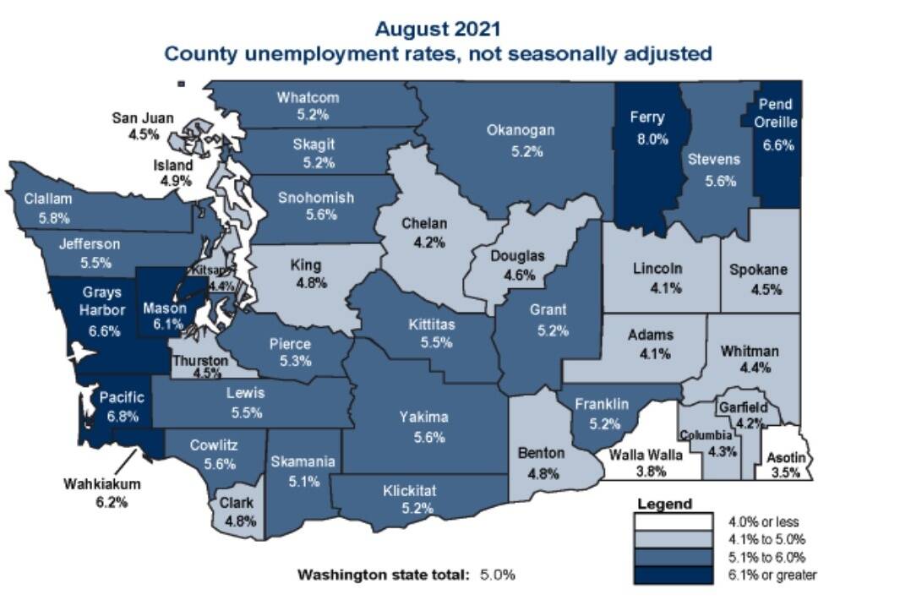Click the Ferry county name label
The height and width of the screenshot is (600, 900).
coord(646,117)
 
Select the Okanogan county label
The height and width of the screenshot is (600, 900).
coord(521,130)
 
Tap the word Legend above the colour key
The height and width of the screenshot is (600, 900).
coord(664,504)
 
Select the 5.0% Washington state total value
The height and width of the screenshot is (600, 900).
coord(497,575)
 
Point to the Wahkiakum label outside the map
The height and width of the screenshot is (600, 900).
coord(101,484)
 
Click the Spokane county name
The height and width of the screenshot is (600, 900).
coord(758,270)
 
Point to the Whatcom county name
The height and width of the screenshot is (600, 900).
coord(308,97)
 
